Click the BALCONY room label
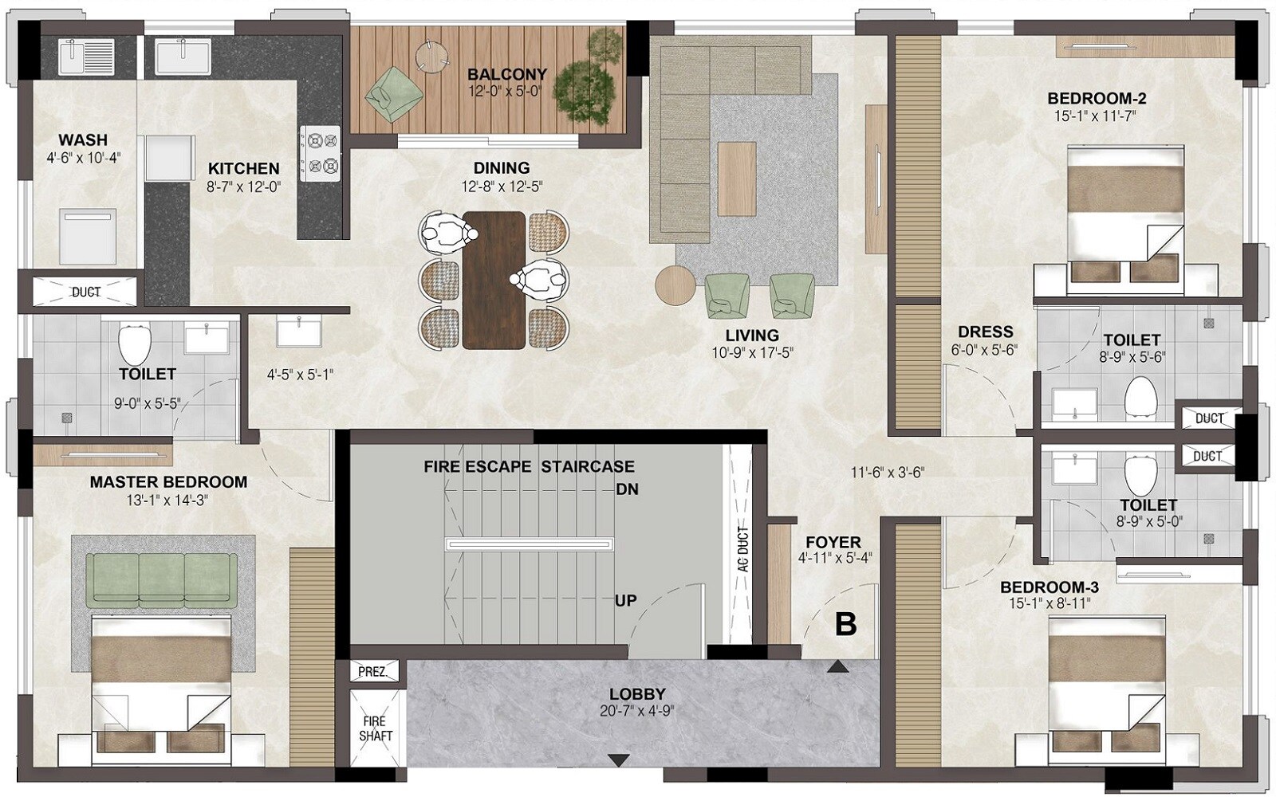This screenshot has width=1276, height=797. click(x=507, y=74)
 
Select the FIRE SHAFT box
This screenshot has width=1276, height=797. click(x=376, y=729)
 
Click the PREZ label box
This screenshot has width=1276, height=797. click(x=372, y=672)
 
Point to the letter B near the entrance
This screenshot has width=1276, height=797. click(x=845, y=624)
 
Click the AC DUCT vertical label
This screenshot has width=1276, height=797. click(x=742, y=549)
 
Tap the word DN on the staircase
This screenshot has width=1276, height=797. click(x=627, y=489)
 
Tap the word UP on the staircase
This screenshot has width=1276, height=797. click(x=625, y=600)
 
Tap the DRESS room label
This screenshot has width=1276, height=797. click(x=985, y=332)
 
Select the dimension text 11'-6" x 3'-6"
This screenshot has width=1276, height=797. click(x=887, y=472)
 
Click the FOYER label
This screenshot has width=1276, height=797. click(x=833, y=542)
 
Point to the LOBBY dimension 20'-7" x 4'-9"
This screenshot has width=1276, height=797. click(x=637, y=711)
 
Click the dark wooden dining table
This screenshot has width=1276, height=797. click(x=494, y=279)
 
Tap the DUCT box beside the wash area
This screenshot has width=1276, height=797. click(x=86, y=292)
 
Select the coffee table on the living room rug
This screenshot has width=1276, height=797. click(x=736, y=177)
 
